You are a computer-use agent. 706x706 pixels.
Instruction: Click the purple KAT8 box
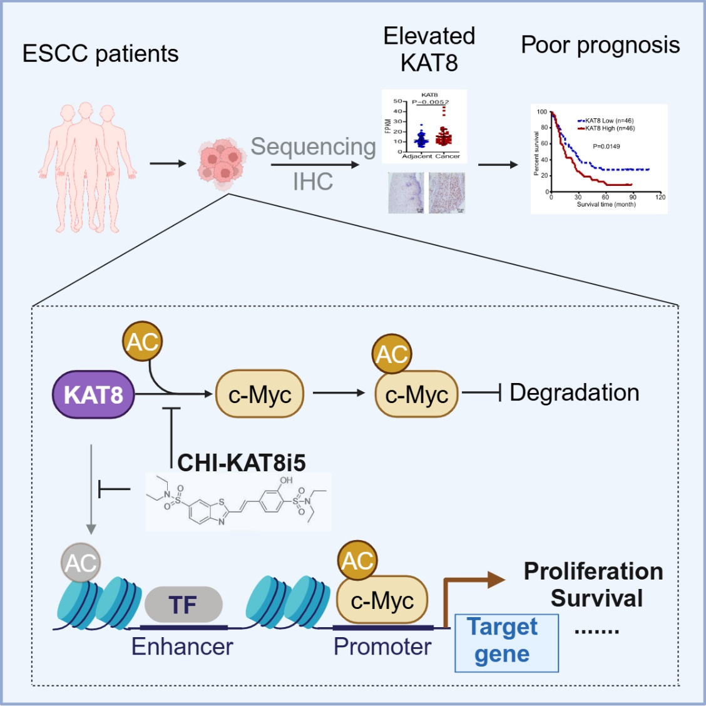click(x=93, y=395)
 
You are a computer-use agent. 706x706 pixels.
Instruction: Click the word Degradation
click(x=575, y=392)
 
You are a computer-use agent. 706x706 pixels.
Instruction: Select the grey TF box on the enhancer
click(x=183, y=605)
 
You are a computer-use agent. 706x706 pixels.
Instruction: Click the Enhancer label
click(x=182, y=647)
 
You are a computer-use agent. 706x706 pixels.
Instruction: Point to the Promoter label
click(x=382, y=647)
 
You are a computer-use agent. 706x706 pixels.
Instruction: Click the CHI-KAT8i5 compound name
click(x=242, y=463)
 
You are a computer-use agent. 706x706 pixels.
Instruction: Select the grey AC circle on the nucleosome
click(x=81, y=563)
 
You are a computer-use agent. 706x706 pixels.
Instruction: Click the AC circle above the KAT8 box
click(x=143, y=341)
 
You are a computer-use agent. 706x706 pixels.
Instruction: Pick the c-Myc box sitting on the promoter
click(x=382, y=601)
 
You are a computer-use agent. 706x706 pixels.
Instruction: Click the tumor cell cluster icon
click(x=221, y=162)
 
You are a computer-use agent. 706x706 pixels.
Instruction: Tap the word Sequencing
click(x=313, y=146)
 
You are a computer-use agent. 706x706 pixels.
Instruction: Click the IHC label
click(x=313, y=182)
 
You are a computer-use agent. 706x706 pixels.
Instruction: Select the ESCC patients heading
click(x=100, y=54)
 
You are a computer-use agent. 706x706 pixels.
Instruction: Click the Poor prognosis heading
click(x=600, y=45)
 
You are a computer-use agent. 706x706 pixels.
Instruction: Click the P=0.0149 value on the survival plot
click(x=606, y=146)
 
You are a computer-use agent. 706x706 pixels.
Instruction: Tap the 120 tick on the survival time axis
click(x=660, y=197)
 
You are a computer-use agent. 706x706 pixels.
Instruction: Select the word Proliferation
click(x=593, y=571)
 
